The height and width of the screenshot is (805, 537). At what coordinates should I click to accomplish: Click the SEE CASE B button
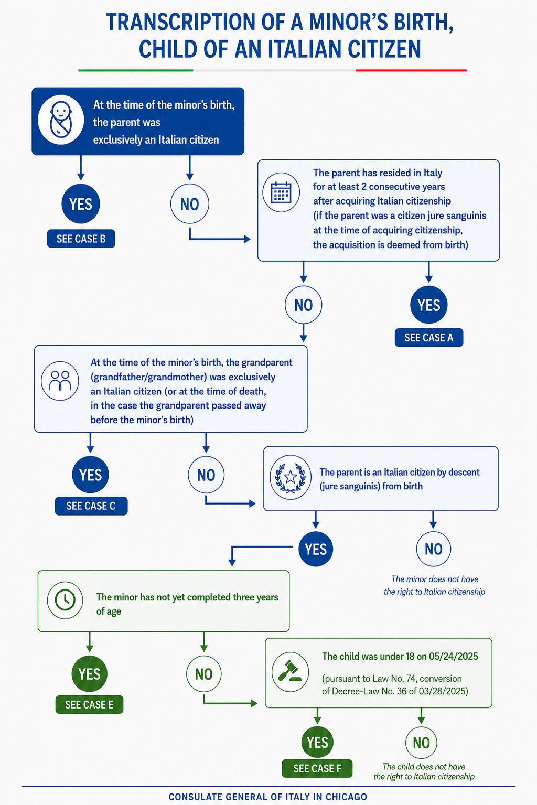coord(81,239)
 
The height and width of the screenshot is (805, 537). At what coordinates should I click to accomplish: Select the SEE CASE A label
coord(429,337)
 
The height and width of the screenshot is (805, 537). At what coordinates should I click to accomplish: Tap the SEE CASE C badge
coord(91,506)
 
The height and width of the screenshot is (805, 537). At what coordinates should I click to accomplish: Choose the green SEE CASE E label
coord(89,704)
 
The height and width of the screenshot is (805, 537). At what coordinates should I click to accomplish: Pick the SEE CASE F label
coord(317,768)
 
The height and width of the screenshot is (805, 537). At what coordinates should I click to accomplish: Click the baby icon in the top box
coord(61,120)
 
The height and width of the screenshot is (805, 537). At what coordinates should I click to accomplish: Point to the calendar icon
coord(281,192)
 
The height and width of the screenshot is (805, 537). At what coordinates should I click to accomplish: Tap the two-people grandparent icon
coord(60,381)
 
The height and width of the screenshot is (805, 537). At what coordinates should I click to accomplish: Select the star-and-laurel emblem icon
coord(291,477)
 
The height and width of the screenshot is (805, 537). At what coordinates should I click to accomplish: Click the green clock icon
coord(65,600)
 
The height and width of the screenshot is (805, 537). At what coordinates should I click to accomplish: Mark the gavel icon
coord(290,671)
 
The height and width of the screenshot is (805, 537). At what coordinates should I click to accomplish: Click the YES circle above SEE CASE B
coord(81,204)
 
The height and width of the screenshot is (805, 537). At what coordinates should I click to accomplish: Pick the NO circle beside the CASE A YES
coord(303,305)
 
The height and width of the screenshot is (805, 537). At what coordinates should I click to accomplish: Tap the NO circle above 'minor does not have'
coord(434,549)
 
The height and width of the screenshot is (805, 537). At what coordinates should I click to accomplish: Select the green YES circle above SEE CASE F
coord(317,743)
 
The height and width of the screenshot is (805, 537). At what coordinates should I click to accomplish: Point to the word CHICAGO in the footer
coord(346,797)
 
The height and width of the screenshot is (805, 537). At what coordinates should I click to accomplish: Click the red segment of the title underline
coord(411,70)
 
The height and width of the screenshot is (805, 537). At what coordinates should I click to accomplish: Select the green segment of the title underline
coord(135,70)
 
